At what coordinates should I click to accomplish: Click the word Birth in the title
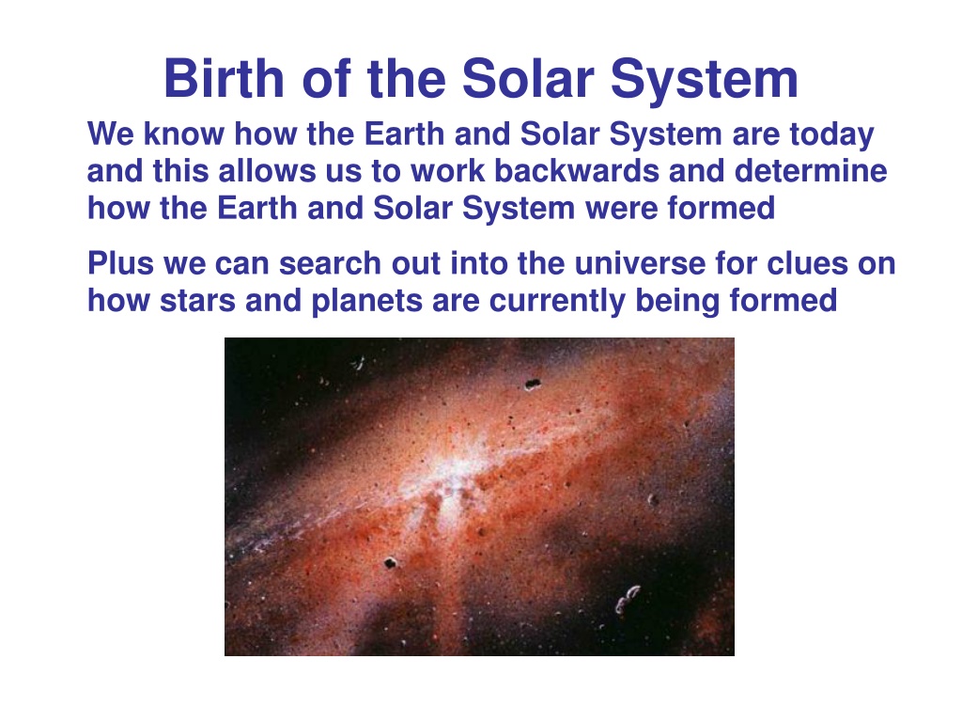[x=224, y=79]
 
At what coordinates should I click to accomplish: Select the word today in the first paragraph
[x=831, y=135]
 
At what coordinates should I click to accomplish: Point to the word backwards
[x=577, y=171]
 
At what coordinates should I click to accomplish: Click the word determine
[x=811, y=171]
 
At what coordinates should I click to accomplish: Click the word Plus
[x=120, y=263]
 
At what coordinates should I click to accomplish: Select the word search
[x=330, y=263]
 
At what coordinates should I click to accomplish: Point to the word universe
[x=640, y=264]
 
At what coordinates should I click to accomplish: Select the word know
[x=183, y=133]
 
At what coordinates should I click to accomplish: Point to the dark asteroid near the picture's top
[x=533, y=385]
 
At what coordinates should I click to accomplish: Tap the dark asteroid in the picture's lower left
[x=390, y=562]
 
